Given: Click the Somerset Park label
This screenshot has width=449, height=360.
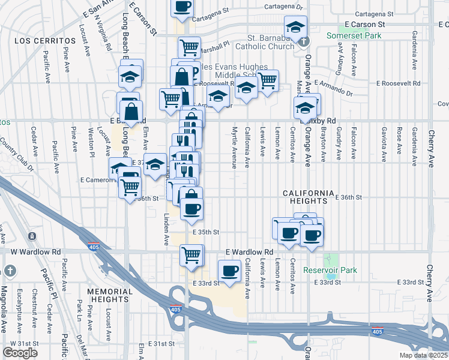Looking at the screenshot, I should (x=354, y=35).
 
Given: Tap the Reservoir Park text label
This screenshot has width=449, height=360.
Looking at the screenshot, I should (x=330, y=270).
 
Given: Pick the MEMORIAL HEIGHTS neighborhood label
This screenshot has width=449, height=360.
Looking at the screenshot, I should (x=109, y=295).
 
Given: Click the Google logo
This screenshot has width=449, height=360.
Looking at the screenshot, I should (x=20, y=353).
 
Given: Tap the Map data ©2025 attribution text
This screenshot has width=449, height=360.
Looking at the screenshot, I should (x=423, y=355).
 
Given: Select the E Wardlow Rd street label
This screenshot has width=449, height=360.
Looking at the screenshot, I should (x=249, y=252).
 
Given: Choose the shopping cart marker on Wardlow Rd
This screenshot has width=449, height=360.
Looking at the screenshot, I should (x=191, y=254).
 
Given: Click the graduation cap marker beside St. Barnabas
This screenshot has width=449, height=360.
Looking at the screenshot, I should (x=295, y=27).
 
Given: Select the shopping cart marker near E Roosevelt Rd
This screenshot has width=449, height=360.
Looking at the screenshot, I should (x=267, y=80).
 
